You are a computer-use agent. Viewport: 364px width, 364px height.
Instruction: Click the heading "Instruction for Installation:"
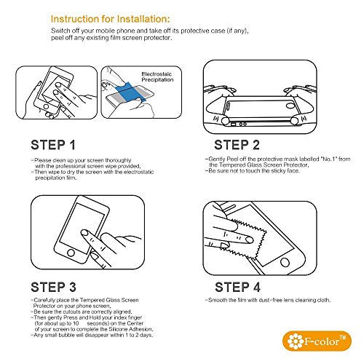[111, 19]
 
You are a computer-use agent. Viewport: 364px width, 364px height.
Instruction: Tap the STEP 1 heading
[53, 145]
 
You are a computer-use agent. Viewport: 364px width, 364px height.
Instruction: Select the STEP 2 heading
[237, 145]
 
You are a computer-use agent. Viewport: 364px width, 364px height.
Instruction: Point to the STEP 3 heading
[53, 287]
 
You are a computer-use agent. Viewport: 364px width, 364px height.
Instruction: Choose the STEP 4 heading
[237, 287]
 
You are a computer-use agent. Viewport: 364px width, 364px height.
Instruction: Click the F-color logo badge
[317, 341]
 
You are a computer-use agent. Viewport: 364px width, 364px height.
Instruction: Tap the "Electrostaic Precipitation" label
[157, 76]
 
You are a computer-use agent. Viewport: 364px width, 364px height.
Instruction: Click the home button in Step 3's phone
[71, 253]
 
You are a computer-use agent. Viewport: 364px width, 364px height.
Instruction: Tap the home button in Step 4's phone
[285, 262]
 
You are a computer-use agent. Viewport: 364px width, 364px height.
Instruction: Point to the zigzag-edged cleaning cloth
[245, 239]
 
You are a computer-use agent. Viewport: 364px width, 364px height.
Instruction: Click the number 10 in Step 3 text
[76, 323]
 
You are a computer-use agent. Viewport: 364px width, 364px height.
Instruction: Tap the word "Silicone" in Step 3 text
[119, 329]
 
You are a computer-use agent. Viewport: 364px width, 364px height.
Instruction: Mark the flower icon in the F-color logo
[296, 341]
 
